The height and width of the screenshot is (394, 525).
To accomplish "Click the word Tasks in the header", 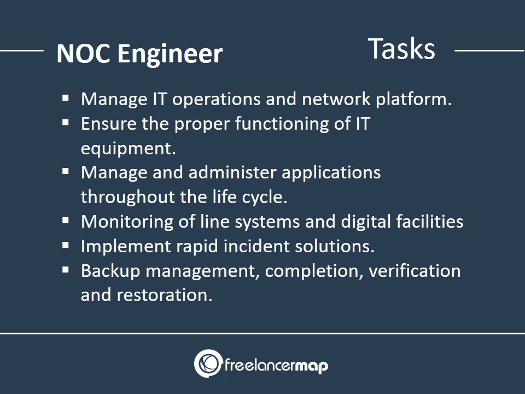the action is [x=401, y=49].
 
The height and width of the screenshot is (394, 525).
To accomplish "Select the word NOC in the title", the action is [x=83, y=54].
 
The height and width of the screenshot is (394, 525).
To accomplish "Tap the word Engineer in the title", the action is [x=170, y=54].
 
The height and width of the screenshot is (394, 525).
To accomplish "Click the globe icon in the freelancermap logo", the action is [x=208, y=363].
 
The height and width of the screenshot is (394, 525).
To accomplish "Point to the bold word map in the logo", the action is [x=312, y=366].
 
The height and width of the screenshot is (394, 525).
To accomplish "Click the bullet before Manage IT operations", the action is [x=66, y=98].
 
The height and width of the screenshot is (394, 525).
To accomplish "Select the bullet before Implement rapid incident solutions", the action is [x=66, y=245].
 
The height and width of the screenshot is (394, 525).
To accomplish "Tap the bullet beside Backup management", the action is [x=66, y=270].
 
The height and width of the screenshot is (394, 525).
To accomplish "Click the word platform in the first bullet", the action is [x=414, y=100].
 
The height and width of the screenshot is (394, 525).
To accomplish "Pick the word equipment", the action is [x=128, y=149].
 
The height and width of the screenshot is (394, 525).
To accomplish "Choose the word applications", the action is [x=331, y=173].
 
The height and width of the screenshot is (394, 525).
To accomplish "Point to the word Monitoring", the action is [x=127, y=222].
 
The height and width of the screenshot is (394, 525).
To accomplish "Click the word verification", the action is [x=415, y=270].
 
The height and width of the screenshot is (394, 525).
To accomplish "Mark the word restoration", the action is [x=165, y=295].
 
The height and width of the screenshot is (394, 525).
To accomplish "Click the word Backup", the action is [x=110, y=271].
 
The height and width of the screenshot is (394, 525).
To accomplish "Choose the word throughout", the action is [x=127, y=197].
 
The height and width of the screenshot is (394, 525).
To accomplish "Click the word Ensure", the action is [x=108, y=124].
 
